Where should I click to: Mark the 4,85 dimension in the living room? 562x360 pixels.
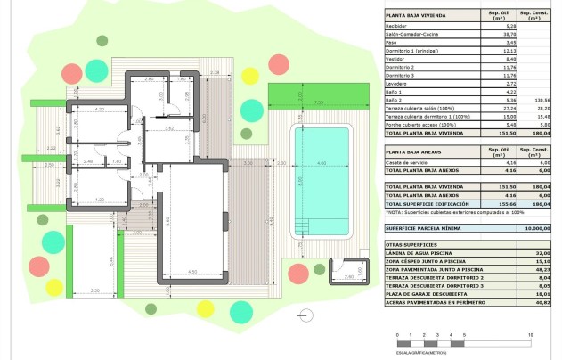tap(192, 272)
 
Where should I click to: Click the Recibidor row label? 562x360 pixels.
tap(397, 28)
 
